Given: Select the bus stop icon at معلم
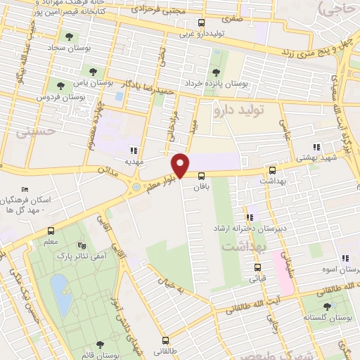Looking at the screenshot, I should point(51,231).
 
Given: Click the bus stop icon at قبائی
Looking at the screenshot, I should point(257,267).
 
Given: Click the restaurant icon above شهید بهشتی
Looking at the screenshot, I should point(316,148).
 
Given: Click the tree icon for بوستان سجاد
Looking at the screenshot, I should point(68,37).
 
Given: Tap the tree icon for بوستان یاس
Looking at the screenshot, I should point(91,70).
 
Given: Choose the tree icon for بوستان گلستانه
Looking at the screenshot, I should point(326,306).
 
